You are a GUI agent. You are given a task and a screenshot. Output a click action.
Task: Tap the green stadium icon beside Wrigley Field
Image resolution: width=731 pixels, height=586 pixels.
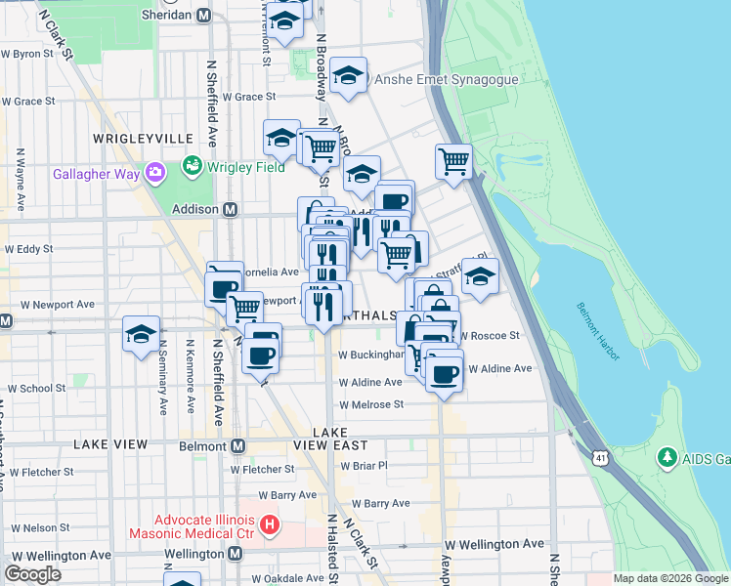coord(193,167)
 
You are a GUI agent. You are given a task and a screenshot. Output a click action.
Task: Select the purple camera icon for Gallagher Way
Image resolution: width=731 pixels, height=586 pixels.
coord(154,173)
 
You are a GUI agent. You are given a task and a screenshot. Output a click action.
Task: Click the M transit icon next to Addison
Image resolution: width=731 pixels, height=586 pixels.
coord(232,209)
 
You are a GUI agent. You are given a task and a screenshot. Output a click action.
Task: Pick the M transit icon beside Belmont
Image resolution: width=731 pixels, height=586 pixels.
coord(236,446)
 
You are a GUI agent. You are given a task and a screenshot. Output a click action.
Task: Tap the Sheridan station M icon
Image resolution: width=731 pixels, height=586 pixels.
coord(203,16)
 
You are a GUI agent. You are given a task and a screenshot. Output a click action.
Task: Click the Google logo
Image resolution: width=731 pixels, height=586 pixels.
coord(32,574)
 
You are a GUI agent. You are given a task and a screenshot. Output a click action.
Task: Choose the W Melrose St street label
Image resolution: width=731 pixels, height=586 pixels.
coord(371,404)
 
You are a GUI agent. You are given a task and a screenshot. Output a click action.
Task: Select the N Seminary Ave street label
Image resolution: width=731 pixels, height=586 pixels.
coord(160,376)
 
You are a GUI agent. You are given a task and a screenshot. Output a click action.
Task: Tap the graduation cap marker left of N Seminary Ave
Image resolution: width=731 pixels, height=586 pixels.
coord(141,333)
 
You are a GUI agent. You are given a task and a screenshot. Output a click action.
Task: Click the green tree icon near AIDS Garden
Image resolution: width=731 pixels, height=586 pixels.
coord(667,457)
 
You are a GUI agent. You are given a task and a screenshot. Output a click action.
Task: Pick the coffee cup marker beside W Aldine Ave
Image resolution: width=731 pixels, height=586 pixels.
coord(444,374)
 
